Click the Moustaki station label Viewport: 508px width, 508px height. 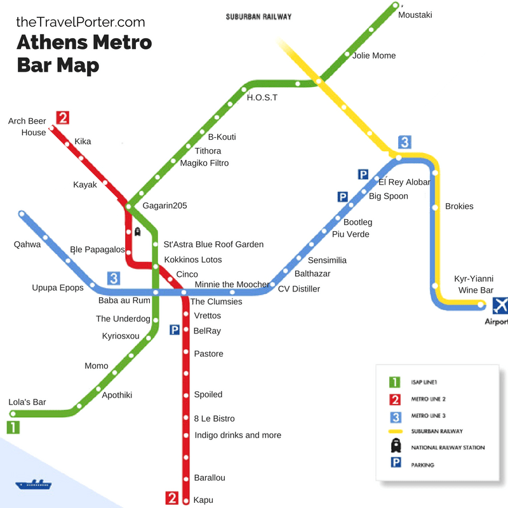(x=415, y=15)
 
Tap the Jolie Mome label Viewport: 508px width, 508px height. (x=374, y=56)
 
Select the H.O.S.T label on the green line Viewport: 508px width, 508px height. (x=262, y=98)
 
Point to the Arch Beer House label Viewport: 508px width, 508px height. (x=27, y=127)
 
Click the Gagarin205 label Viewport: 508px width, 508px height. (x=164, y=206)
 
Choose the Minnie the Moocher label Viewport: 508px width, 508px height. (x=232, y=284)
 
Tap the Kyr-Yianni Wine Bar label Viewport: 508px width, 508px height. (x=474, y=284)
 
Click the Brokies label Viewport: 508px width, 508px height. (x=459, y=206)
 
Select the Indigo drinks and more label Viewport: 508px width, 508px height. (x=237, y=435)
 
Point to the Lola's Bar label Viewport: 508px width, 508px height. (x=27, y=402)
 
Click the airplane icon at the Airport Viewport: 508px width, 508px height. (x=500, y=305)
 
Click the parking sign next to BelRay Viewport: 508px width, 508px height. (x=175, y=330)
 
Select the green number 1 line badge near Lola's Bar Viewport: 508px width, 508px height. (x=13, y=427)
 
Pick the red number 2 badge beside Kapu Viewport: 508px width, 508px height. (x=171, y=498)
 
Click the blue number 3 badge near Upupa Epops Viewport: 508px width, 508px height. (x=113, y=278)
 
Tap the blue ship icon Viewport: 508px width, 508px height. (x=33, y=485)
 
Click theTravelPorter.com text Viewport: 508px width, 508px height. (x=81, y=22)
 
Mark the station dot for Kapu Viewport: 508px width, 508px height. (x=186, y=500)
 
